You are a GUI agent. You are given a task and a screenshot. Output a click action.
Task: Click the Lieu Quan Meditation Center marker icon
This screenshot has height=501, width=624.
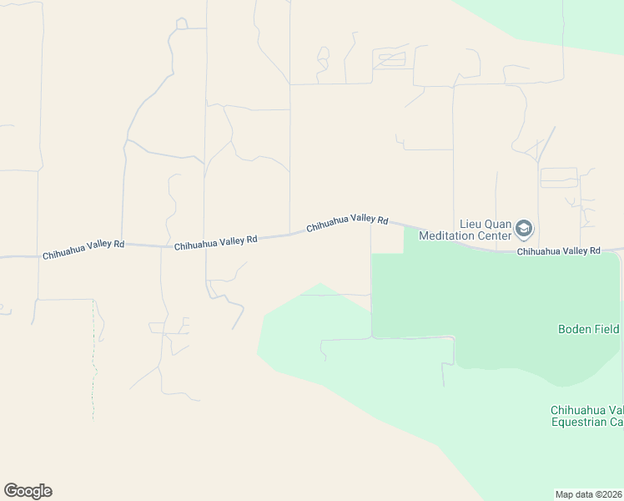point(524,228)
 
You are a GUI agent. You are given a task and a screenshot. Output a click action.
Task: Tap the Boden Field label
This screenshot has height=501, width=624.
point(589,329)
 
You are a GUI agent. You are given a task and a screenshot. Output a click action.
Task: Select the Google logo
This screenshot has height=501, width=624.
point(28,491)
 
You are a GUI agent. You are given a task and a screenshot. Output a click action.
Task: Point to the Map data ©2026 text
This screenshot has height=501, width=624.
point(589,494)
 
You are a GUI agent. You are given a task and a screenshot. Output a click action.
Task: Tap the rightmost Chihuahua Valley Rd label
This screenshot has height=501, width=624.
point(558,250)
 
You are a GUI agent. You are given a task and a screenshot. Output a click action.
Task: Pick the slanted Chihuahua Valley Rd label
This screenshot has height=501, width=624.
point(347,223)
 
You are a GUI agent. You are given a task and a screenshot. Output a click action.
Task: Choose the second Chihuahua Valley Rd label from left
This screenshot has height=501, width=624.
point(216,242)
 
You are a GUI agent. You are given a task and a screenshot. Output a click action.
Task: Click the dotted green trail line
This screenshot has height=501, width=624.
point(93,359)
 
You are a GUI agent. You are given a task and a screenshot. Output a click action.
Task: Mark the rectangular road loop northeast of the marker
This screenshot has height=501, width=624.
point(559,177)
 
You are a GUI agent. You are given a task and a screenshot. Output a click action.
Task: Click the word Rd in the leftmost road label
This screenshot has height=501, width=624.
point(118,244)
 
